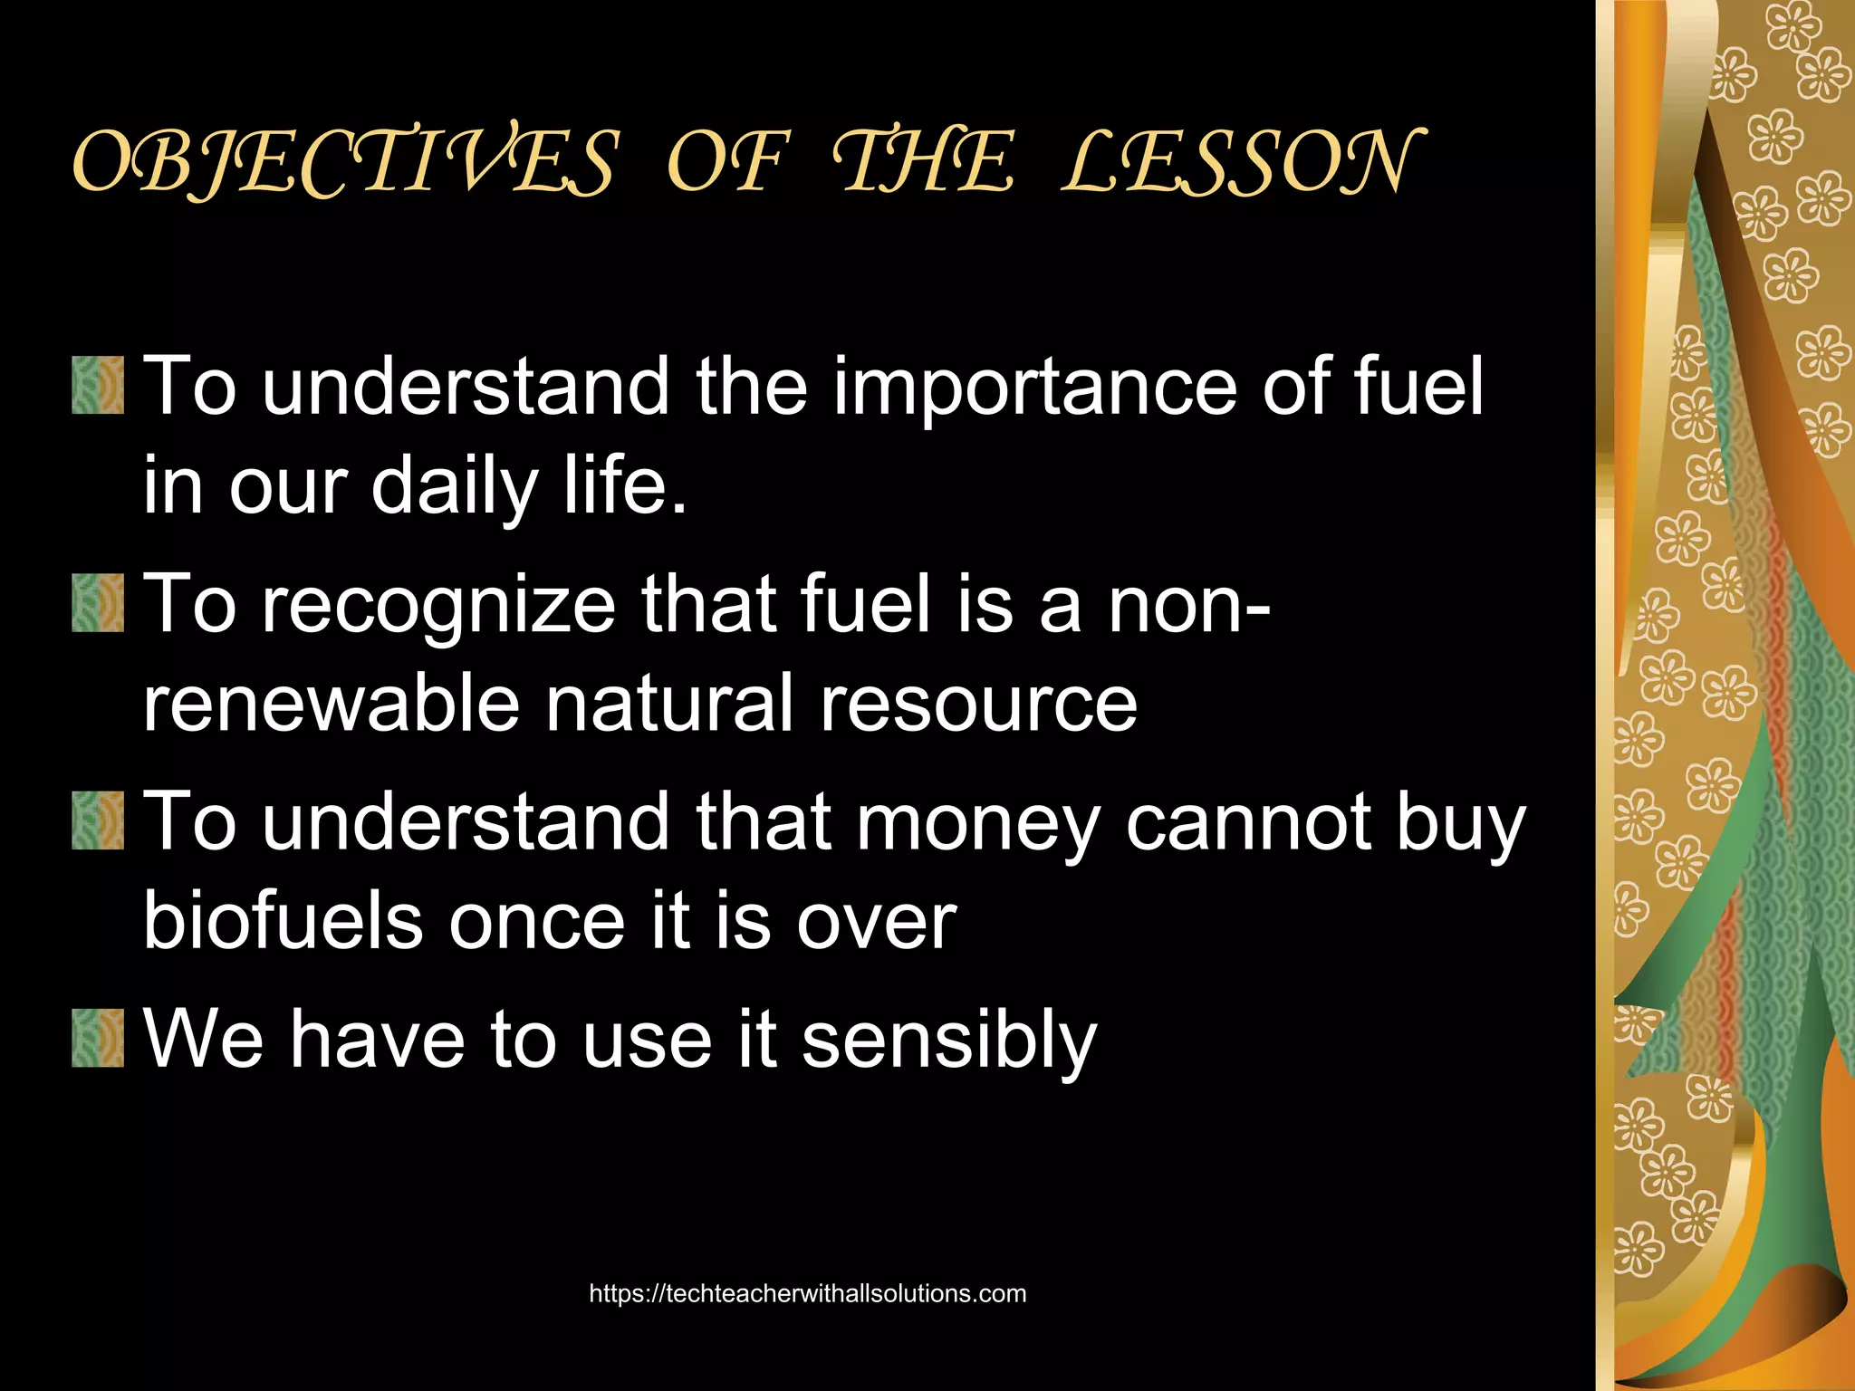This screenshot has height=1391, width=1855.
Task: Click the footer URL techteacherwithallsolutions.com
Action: coord(807,1293)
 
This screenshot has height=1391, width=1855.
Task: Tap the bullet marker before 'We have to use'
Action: coord(98,1039)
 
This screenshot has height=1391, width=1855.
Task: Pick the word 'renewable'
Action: coord(331,704)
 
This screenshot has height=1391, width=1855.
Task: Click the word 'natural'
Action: coord(669,704)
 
